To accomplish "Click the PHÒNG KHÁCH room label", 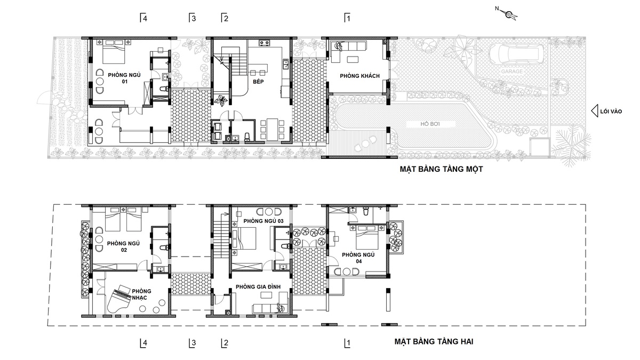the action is (x=359, y=76).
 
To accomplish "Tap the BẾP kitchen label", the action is (x=258, y=82).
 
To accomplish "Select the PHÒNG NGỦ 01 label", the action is (x=124, y=78).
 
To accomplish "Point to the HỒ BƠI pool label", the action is (x=430, y=124).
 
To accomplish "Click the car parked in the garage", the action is (x=516, y=54).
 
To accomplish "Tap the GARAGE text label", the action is (x=511, y=71).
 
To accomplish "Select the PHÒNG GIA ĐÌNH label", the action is (x=258, y=287).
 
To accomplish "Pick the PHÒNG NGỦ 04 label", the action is (x=358, y=258).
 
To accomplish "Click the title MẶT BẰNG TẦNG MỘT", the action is (x=441, y=169).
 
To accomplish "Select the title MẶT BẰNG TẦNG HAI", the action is (x=434, y=341).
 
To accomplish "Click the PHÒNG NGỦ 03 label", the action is (x=263, y=221).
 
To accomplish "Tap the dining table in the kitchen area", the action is (x=273, y=130).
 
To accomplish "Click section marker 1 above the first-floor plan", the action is (x=347, y=18).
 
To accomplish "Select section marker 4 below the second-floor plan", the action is (x=143, y=343).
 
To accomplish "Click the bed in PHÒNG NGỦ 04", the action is (x=367, y=237).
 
